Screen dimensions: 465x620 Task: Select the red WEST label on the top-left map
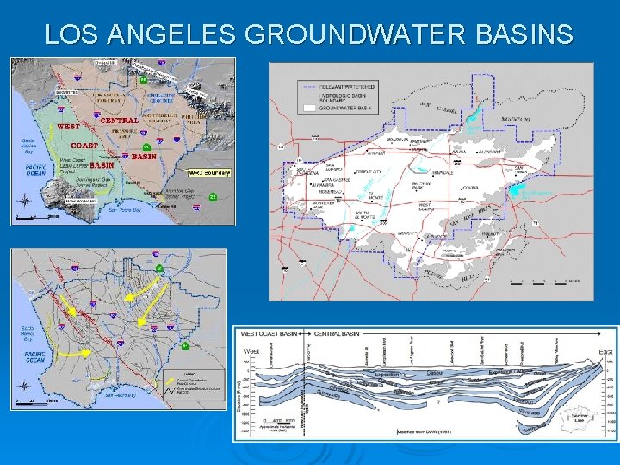[68, 127]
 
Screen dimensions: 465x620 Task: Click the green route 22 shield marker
[213, 197]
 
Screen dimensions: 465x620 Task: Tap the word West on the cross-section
[252, 351]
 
